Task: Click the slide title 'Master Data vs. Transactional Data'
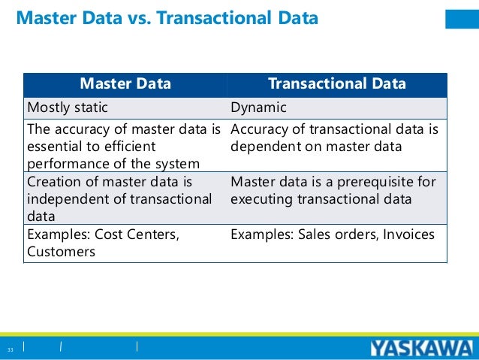coord(167,17)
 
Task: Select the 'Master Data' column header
coord(125,83)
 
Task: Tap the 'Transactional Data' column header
coord(337,83)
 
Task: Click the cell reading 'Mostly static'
coord(68,107)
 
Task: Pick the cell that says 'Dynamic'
coord(258,107)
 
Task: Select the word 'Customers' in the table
coord(61,252)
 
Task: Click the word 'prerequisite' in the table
coord(367,182)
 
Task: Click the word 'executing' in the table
coord(262,199)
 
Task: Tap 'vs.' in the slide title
coord(140,17)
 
